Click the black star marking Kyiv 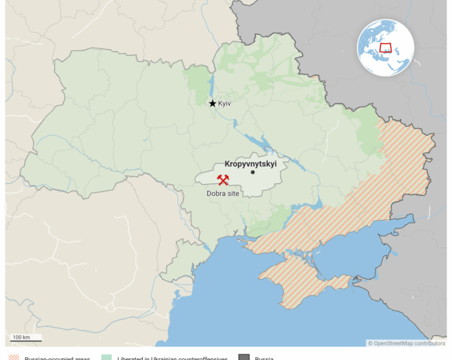[x=212, y=103]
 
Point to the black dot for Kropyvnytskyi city [x=252, y=173]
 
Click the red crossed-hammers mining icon [x=223, y=179]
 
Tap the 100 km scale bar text [x=21, y=337]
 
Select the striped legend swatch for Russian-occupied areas [x=13, y=357]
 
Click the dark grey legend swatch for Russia [x=244, y=357]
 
